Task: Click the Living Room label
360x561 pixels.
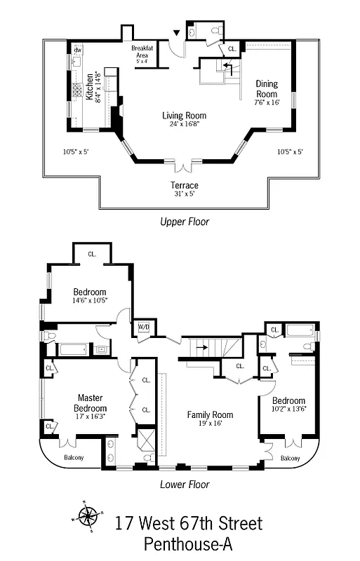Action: click(x=184, y=116)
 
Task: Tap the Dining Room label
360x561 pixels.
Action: click(x=267, y=89)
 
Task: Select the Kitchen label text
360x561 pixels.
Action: click(x=89, y=86)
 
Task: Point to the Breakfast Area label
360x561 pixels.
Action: click(x=142, y=51)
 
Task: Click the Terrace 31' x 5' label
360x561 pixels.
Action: click(x=185, y=189)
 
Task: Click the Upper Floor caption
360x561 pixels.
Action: click(x=185, y=222)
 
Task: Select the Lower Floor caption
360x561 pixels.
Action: click(x=185, y=485)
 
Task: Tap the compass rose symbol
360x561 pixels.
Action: click(x=88, y=515)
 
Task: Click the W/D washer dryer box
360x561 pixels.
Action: click(x=144, y=327)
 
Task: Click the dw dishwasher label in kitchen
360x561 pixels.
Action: click(x=78, y=50)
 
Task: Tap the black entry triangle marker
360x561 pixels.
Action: click(x=176, y=33)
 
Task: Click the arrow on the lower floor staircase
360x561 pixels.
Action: click(x=202, y=347)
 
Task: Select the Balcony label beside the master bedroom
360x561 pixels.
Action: click(x=74, y=457)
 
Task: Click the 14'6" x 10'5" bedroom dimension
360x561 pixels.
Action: click(x=90, y=301)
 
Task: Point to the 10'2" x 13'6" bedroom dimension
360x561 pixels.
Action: click(x=289, y=409)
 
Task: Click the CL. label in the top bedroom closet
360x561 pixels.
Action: click(x=92, y=254)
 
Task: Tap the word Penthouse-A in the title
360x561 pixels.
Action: click(x=188, y=544)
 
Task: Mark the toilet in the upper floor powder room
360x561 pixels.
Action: click(x=216, y=31)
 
